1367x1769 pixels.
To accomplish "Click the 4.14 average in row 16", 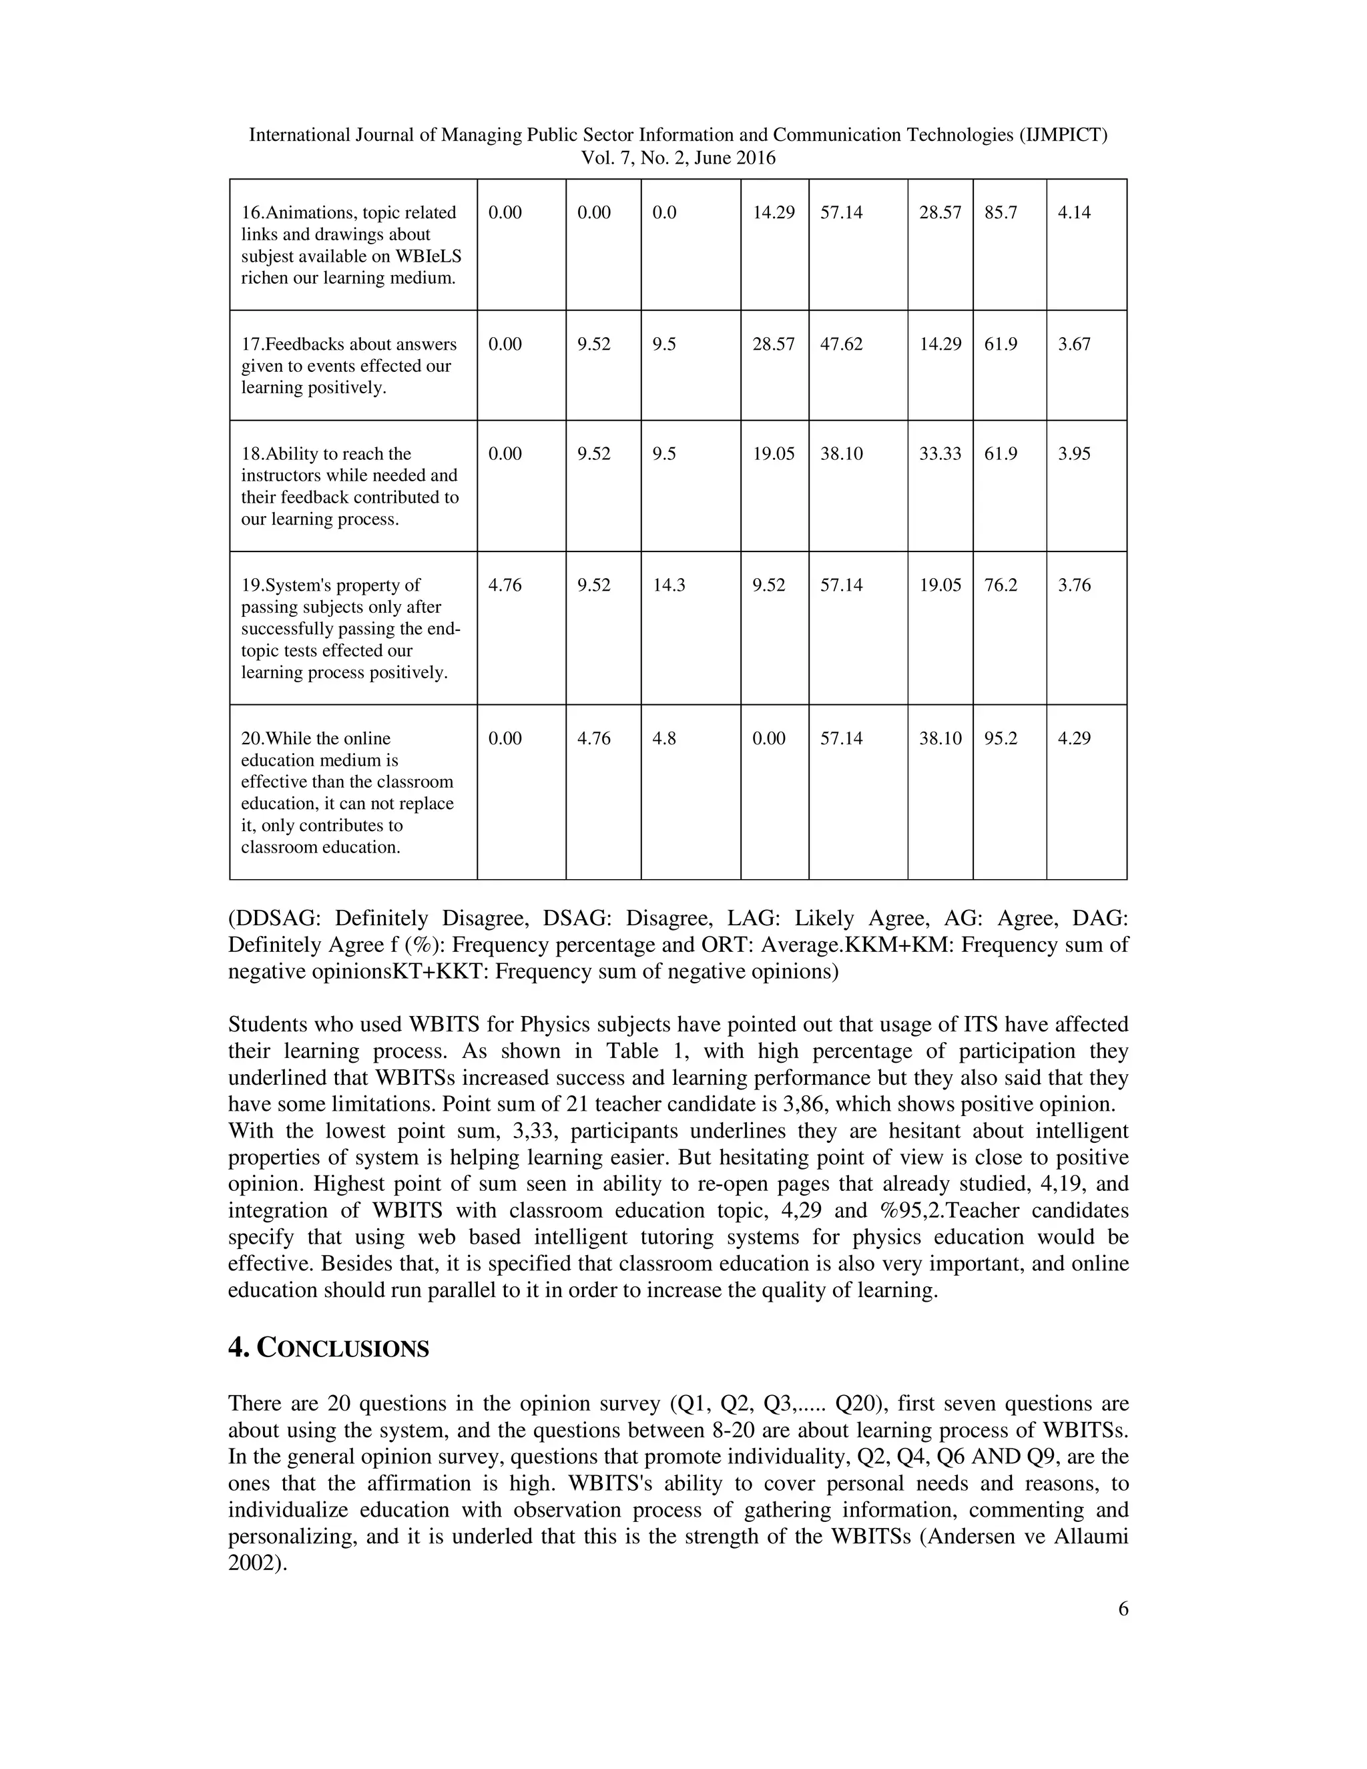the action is click(x=1074, y=213).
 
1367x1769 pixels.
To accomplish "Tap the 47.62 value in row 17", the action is click(x=842, y=344).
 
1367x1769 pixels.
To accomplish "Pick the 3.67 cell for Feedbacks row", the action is click(x=1074, y=344).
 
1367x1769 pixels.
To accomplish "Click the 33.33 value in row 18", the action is click(x=939, y=453).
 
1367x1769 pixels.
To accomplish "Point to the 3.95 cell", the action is click(x=1074, y=453).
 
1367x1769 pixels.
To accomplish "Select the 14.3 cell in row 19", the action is click(x=669, y=585).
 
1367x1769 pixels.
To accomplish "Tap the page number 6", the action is click(x=1123, y=1609).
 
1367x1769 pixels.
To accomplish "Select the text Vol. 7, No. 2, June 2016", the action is click(x=678, y=158).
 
